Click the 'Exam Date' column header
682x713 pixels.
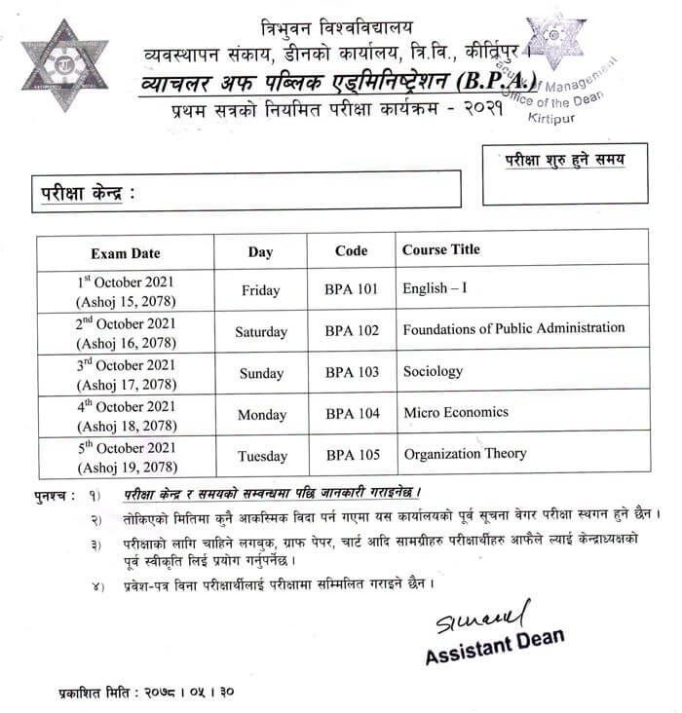126,252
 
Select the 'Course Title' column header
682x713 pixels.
441,249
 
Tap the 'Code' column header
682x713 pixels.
351,250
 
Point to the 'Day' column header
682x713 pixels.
260,252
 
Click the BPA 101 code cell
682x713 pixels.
352,289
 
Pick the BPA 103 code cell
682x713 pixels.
352,372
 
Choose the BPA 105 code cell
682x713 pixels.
352,455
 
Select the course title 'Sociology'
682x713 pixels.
432,370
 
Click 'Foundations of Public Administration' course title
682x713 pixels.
513,328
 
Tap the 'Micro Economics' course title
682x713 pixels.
456,412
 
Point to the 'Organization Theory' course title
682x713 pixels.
465,453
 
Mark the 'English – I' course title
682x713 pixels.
436,288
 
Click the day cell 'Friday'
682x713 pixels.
260,289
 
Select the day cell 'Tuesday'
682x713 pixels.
260,455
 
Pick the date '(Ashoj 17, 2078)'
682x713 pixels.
126,383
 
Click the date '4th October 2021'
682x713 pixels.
126,406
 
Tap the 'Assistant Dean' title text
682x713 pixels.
495,648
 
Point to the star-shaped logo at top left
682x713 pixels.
64,65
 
